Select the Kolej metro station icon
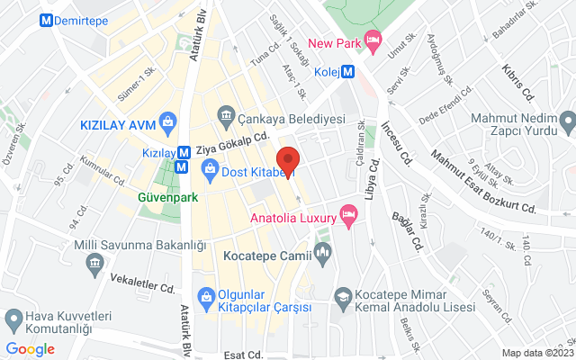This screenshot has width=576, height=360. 347,74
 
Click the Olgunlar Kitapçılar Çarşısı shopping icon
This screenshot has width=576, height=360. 205,295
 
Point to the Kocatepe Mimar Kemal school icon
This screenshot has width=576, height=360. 342,296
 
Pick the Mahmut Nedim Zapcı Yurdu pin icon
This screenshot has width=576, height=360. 567,120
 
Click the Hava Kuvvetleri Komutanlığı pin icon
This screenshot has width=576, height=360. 14,319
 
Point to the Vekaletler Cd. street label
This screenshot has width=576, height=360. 143,284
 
